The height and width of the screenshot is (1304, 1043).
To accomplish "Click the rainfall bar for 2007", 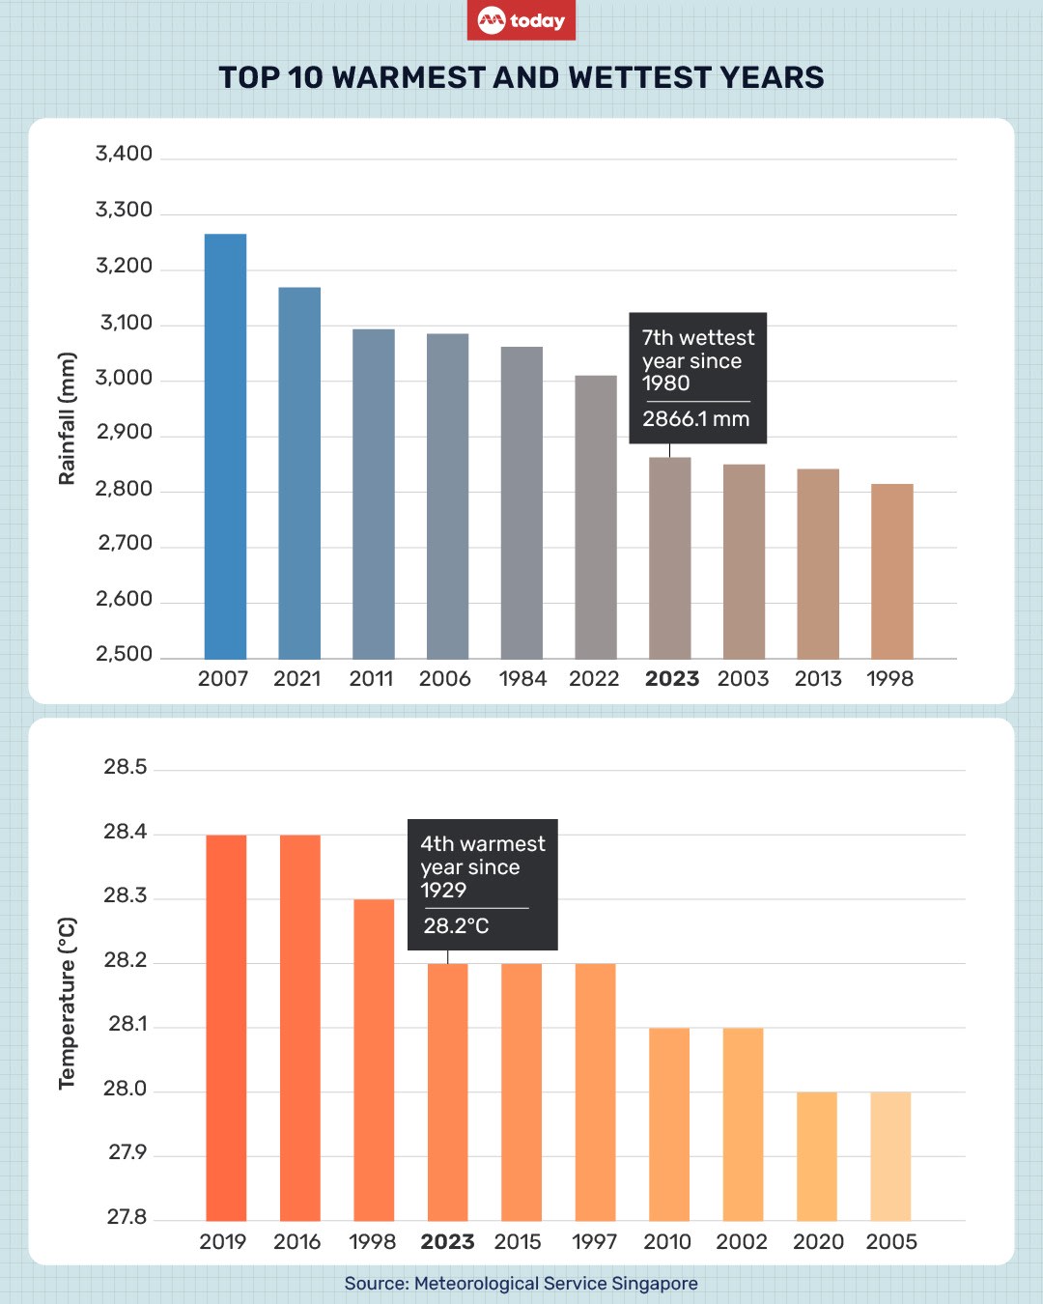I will [x=225, y=446].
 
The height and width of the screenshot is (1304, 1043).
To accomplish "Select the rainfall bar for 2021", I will [x=299, y=473].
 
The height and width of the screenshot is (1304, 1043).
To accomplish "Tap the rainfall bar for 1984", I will [x=521, y=502].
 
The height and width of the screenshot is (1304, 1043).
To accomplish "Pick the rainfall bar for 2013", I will [x=818, y=564].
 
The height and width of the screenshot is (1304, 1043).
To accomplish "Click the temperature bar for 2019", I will [x=226, y=1028].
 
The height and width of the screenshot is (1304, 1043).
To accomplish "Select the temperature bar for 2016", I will [x=300, y=1028].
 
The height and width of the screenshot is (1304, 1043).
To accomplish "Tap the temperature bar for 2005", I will [x=890, y=1156].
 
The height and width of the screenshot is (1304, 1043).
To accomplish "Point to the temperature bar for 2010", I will [x=669, y=1124].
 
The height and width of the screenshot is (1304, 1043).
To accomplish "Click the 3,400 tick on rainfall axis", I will [x=124, y=154].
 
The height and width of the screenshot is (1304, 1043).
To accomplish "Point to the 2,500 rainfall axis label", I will [x=124, y=654].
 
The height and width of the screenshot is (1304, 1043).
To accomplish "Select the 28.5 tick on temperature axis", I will [x=126, y=767].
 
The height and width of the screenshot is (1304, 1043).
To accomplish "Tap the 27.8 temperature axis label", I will [x=127, y=1217].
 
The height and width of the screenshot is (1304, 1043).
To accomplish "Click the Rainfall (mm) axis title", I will [x=67, y=418].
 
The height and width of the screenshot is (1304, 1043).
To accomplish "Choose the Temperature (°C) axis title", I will [x=67, y=1004].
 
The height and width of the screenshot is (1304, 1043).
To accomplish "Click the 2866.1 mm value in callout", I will [x=695, y=419].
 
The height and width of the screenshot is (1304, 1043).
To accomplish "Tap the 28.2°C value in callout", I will [x=456, y=926].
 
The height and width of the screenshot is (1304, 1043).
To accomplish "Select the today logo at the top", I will [x=521, y=20].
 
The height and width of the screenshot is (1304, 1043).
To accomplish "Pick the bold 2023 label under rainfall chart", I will [x=671, y=679].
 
